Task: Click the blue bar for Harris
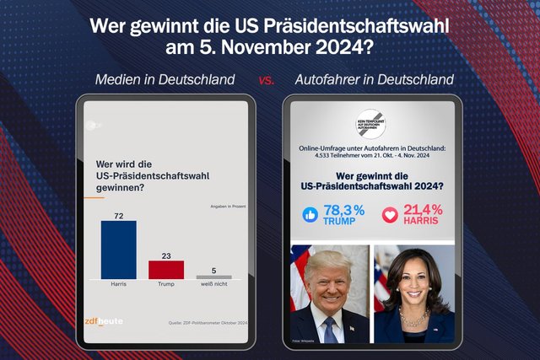(118, 249)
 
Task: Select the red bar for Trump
(166, 269)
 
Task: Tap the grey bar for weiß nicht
(213, 277)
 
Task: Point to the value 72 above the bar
(119, 216)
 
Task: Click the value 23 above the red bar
(166, 255)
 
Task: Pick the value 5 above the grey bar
(213, 270)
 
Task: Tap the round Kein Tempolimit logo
(372, 124)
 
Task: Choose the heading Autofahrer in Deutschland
(375, 80)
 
